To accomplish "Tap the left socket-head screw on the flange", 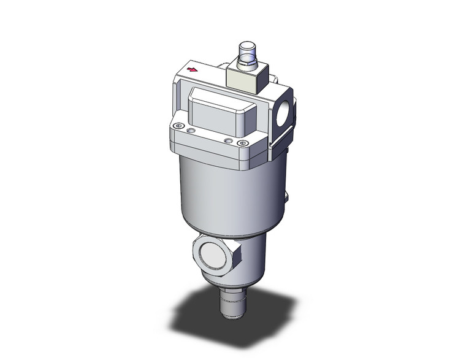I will tap(178, 126).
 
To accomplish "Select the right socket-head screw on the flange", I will tap(243, 144).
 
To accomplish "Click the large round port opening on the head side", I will tap(286, 116).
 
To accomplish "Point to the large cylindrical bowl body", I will tap(227, 190).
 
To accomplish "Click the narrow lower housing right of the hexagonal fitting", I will tap(254, 258).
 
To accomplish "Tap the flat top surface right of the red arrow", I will tap(212, 74).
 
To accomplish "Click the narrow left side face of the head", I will tap(172, 98).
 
